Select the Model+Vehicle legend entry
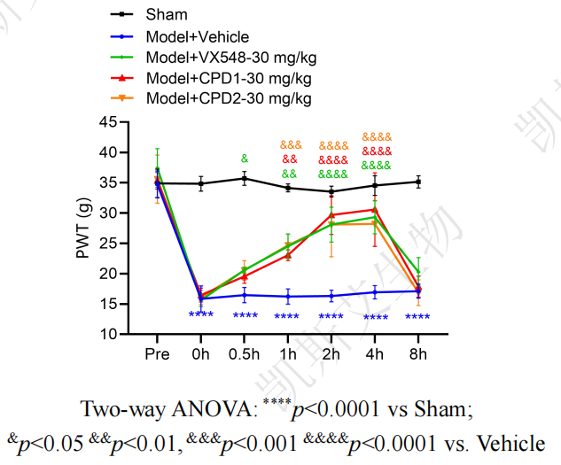coord(198,36)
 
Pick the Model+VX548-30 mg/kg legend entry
coord(230,58)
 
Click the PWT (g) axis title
coord(82,229)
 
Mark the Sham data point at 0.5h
coord(244,178)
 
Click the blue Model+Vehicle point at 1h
coord(288,296)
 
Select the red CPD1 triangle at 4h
coord(375,210)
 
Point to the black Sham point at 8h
coord(418,182)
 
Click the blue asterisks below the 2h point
coord(331,317)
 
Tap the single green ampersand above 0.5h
coord(244,159)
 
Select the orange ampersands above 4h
coord(377,137)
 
